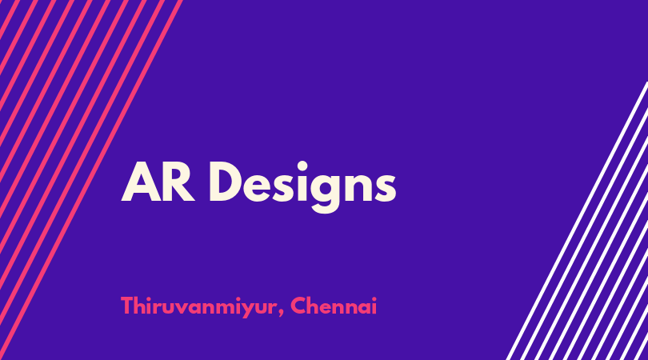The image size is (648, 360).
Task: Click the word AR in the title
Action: coord(158,182)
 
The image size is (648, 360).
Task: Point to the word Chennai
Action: coord(334,306)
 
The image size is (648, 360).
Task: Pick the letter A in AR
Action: coord(141,182)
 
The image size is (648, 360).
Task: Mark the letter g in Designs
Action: coord(326,193)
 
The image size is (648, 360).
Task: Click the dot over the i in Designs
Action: coord(302,166)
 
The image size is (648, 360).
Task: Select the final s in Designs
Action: coord(386,187)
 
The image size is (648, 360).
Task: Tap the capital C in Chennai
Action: coord(298,306)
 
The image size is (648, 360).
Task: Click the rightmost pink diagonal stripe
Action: coord(90,180)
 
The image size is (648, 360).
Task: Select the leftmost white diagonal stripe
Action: coord(578,221)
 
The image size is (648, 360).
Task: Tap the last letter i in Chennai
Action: coord(374,306)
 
